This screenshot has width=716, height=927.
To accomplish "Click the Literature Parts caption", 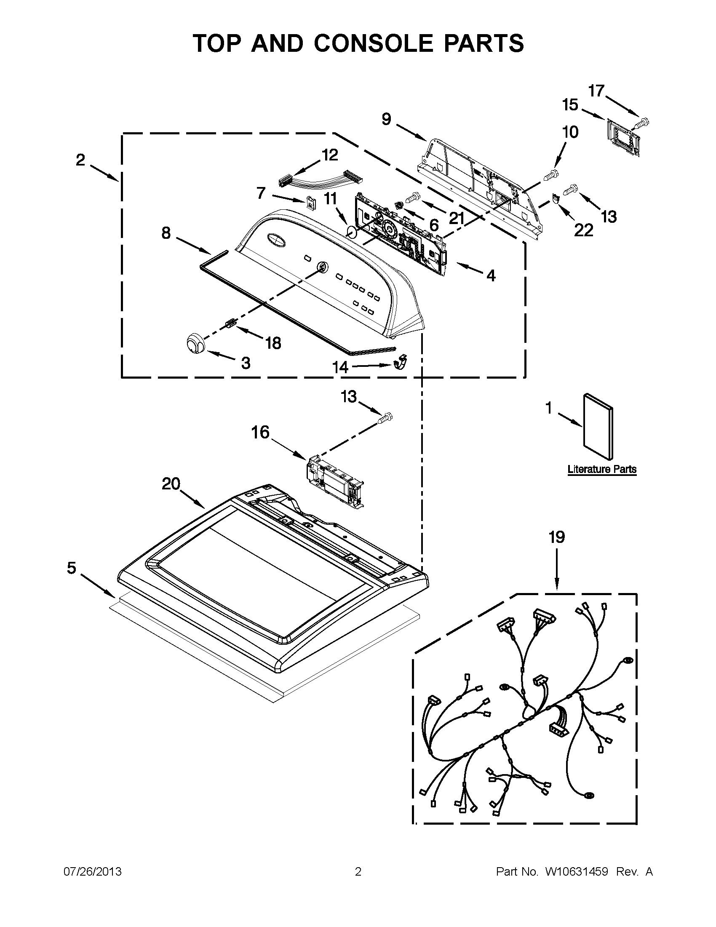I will click(602, 469).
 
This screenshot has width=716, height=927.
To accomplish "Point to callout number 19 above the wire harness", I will click(557, 537).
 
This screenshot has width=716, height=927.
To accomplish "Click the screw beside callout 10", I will click(550, 174).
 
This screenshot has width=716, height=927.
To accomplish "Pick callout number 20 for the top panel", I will click(171, 484).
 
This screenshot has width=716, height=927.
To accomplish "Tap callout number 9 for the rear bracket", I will click(386, 119).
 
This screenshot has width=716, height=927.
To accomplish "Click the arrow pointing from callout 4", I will click(469, 268).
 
